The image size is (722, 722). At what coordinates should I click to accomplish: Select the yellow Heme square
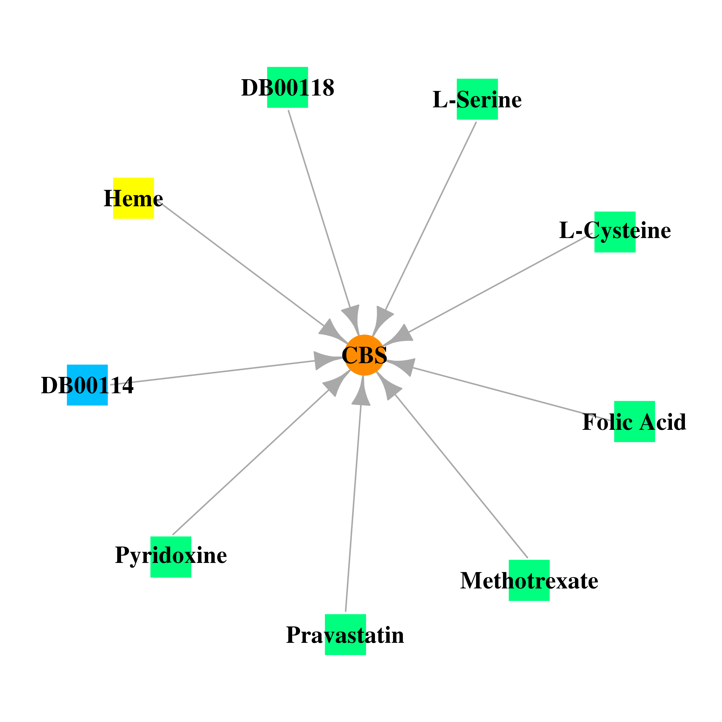point(133,198)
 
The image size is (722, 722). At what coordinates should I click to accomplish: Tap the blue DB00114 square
point(87,385)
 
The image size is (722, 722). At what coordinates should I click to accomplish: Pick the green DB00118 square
point(287,87)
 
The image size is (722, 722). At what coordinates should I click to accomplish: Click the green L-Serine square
point(477,99)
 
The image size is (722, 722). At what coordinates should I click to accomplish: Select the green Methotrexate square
point(529,580)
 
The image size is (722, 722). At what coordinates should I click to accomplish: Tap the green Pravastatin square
point(345,635)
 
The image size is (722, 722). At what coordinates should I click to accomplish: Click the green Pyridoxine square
point(171,557)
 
